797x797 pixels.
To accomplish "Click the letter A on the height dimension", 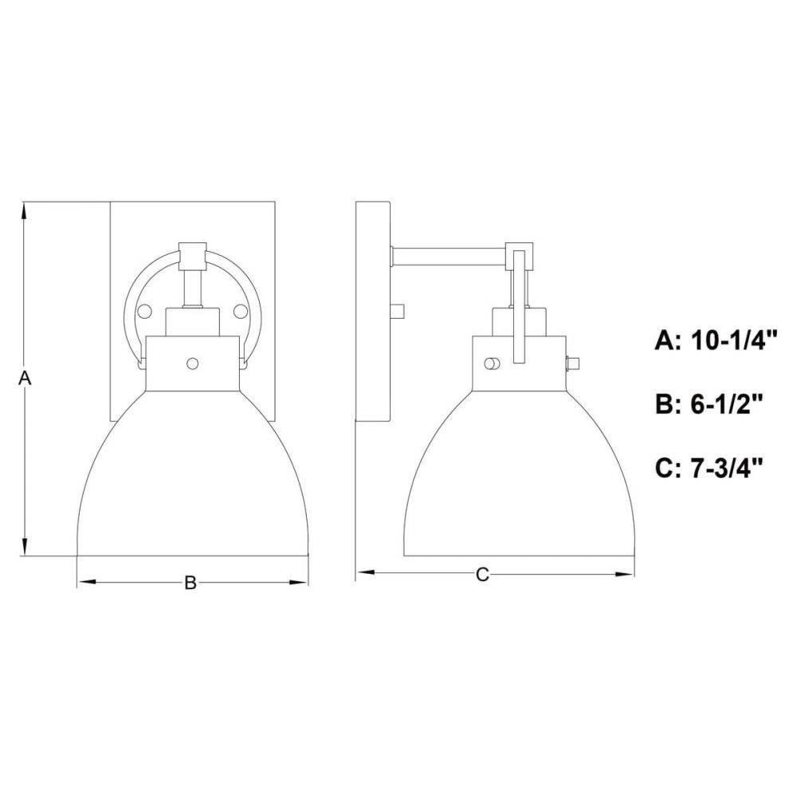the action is (x=25, y=378).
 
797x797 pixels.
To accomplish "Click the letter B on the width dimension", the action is (x=190, y=583).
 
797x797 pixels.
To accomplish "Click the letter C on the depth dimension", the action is (x=482, y=575).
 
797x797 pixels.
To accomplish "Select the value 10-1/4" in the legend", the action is (x=728, y=341).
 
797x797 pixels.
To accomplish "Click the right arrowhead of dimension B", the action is (x=298, y=583).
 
